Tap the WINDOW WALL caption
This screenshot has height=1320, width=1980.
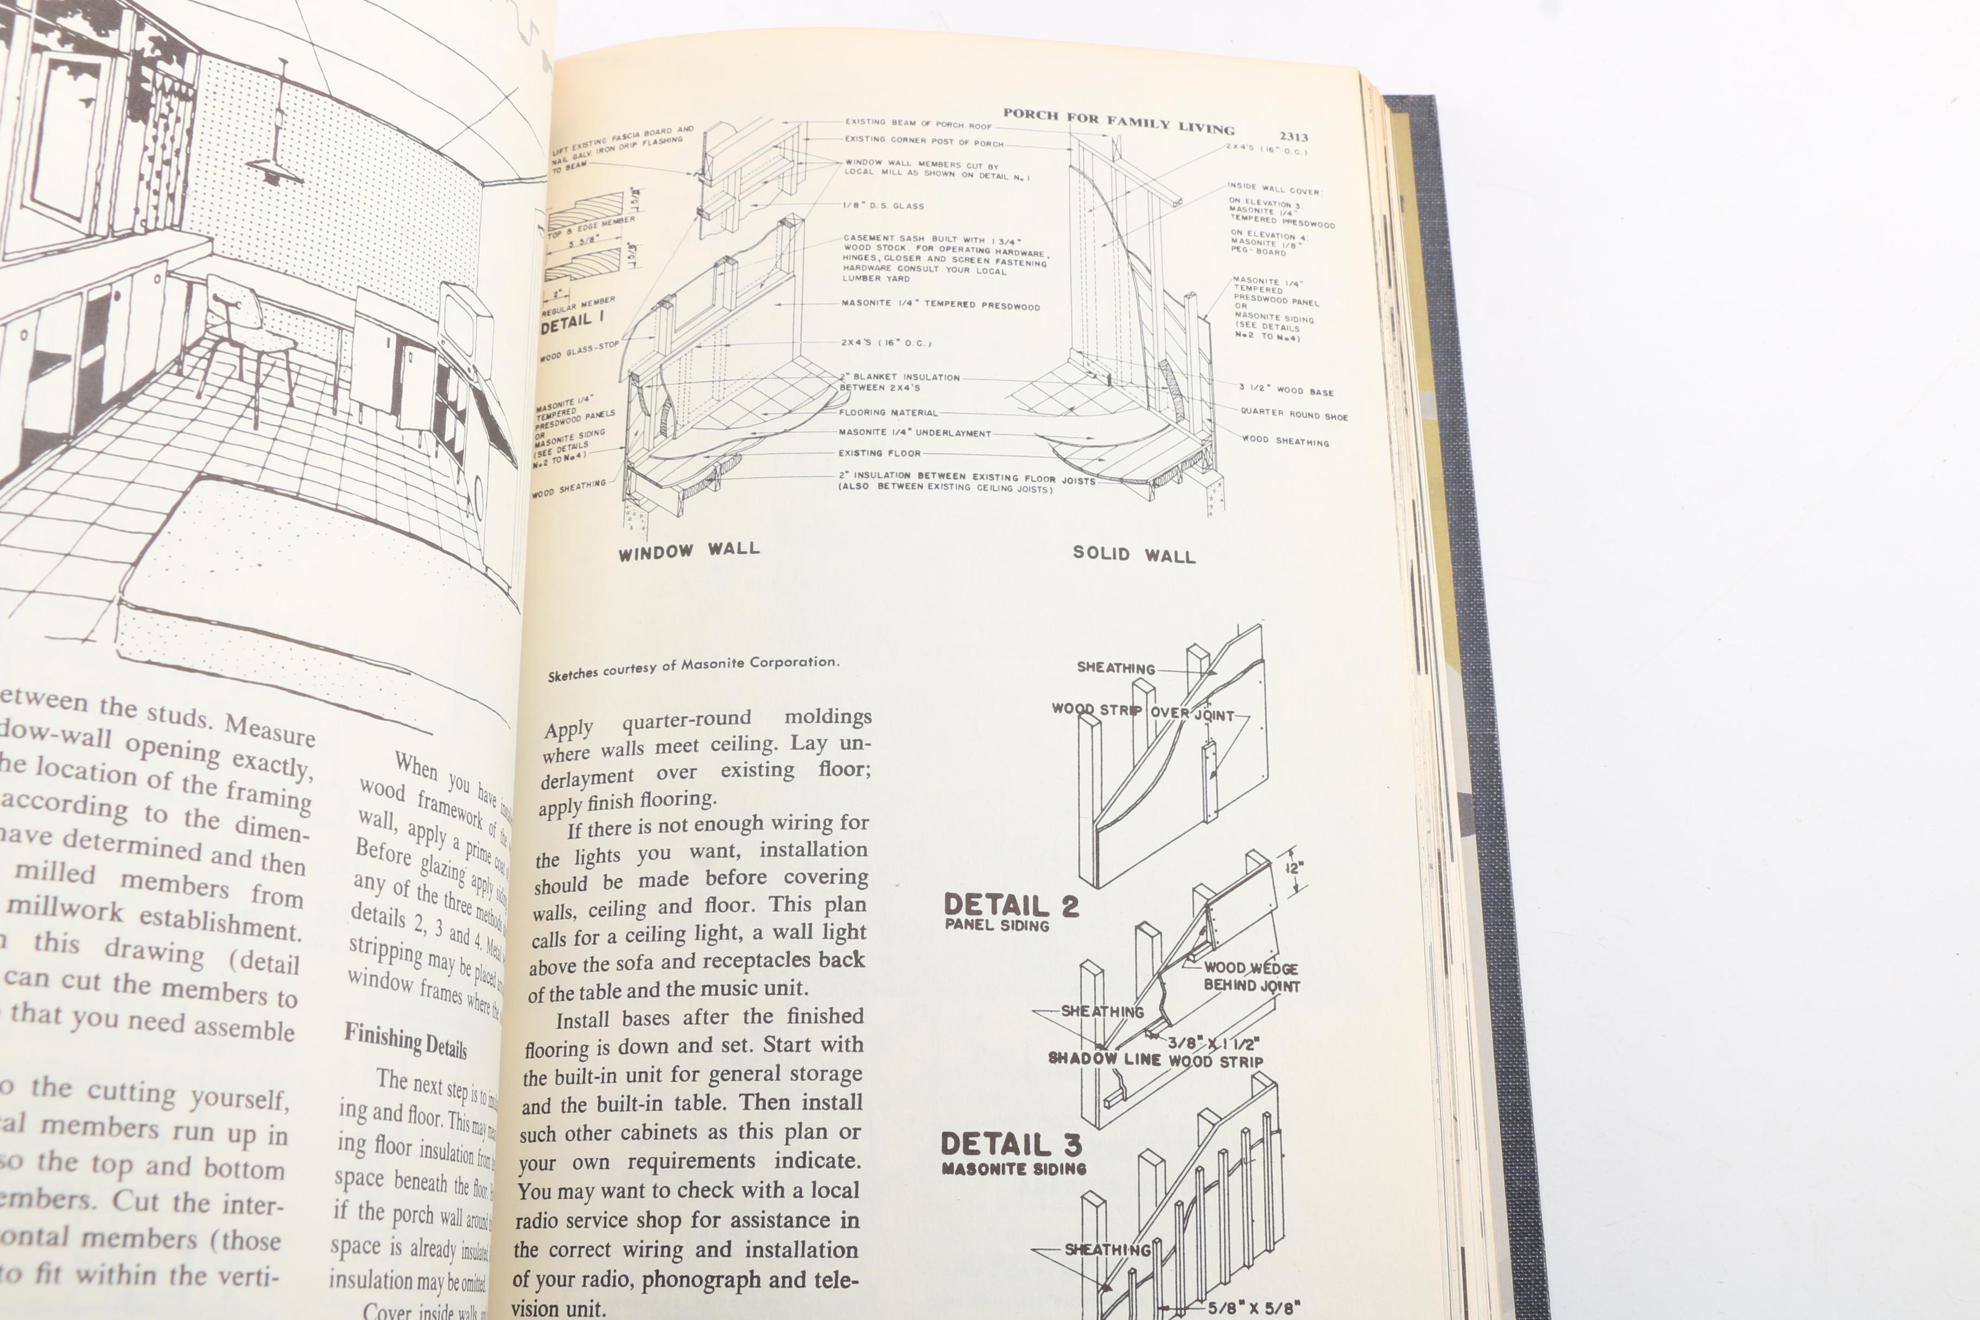(689, 550)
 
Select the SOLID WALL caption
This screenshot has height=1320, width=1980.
(1133, 554)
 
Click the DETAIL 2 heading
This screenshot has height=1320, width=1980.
(1010, 906)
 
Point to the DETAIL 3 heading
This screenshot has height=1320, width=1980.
(1010, 1145)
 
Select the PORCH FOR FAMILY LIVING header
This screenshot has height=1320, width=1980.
(1118, 121)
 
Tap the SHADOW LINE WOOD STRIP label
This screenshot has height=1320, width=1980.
(1155, 1060)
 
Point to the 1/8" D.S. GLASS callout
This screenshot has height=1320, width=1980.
(884, 205)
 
